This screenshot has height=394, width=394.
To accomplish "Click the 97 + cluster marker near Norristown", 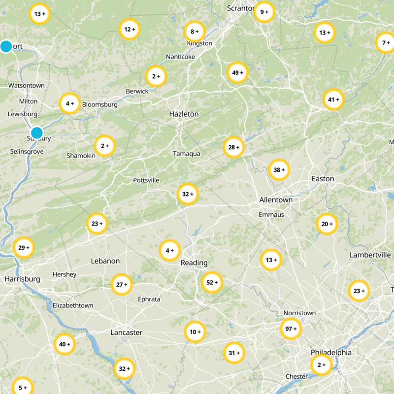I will (x=291, y=329).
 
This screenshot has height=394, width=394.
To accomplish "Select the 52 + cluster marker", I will (x=212, y=282).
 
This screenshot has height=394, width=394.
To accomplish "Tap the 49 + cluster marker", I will (x=237, y=73).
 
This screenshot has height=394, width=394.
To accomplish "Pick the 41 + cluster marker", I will (x=333, y=99).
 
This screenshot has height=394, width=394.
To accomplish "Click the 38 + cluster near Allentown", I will (x=279, y=170).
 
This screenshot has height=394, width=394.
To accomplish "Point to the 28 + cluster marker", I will (x=233, y=147).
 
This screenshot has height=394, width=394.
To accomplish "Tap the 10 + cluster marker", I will (x=195, y=332).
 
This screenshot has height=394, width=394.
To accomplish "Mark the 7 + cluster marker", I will (x=386, y=43).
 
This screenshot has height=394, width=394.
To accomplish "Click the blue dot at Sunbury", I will (x=37, y=133).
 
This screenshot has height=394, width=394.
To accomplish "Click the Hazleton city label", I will (x=184, y=114).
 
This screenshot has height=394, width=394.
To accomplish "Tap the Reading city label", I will (x=194, y=263).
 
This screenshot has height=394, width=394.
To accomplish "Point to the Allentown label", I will (x=276, y=200).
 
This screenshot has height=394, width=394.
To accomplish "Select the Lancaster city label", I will (x=127, y=332).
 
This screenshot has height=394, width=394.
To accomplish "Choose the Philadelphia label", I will (x=331, y=353).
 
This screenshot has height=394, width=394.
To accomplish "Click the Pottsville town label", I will (x=146, y=180).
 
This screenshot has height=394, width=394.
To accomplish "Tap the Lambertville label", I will (x=370, y=255).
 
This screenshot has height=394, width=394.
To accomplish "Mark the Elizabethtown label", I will (x=73, y=305).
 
